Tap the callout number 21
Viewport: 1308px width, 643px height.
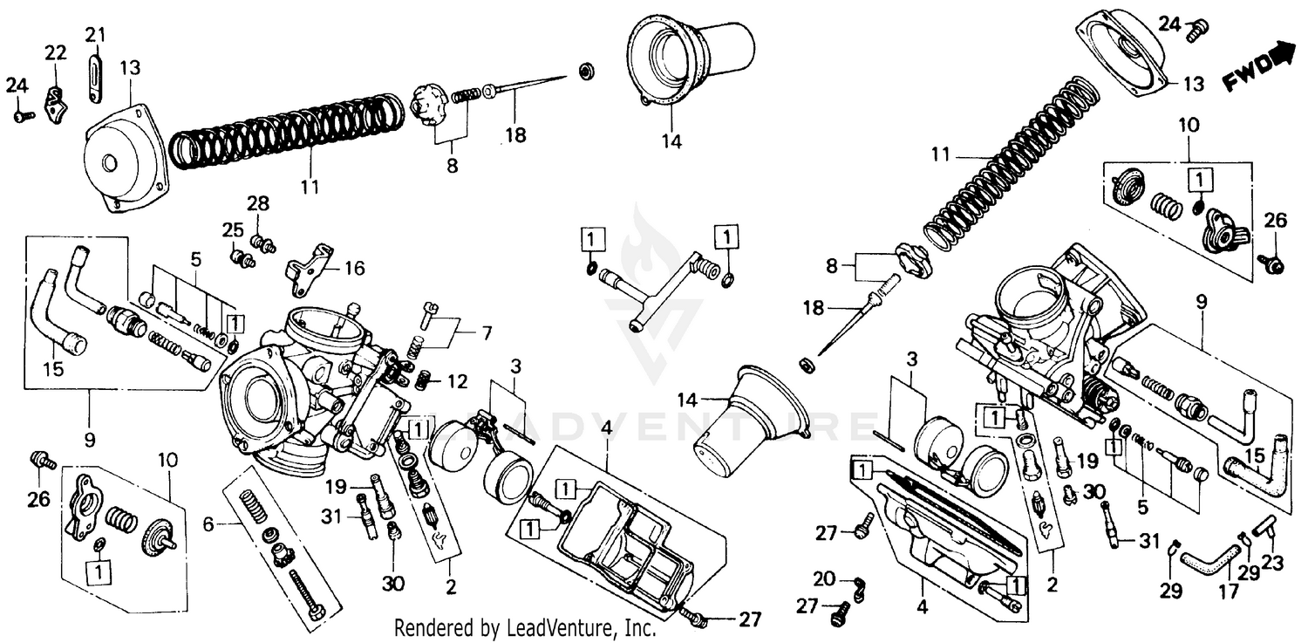(x=95, y=35)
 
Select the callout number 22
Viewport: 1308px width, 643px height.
(x=56, y=53)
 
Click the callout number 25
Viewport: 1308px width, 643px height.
(x=231, y=230)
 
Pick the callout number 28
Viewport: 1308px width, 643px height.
(x=258, y=203)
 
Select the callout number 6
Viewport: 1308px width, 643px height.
(x=208, y=524)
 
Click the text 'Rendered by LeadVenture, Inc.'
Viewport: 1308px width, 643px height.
(x=525, y=627)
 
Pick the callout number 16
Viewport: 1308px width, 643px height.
(x=354, y=267)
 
